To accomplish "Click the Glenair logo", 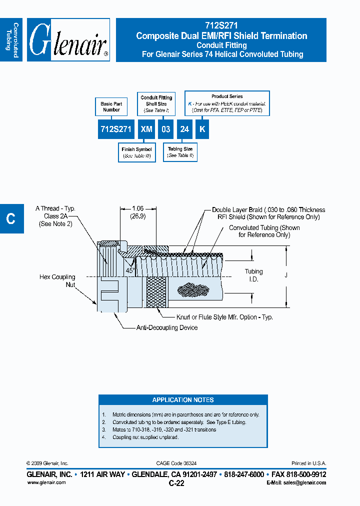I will click(68, 40).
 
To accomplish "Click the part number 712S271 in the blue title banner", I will click(221, 26).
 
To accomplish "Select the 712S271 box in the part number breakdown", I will click(115, 129).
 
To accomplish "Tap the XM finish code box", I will click(146, 129).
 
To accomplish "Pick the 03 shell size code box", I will click(165, 129).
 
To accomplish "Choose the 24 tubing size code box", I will click(184, 129).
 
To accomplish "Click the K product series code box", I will click(201, 129).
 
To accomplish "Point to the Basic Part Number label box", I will click(111, 106).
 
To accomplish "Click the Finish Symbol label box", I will click(136, 152).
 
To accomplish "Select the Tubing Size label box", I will click(180, 152).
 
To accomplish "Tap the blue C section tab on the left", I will click(11, 218).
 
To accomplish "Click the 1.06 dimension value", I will click(137, 209).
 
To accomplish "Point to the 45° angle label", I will click(129, 270).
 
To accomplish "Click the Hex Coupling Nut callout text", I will click(57, 280).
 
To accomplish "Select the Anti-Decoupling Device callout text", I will click(167, 328).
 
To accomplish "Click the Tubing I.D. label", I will click(253, 275).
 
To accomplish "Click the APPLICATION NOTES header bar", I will click(183, 400).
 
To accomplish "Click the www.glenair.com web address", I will click(46, 482).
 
